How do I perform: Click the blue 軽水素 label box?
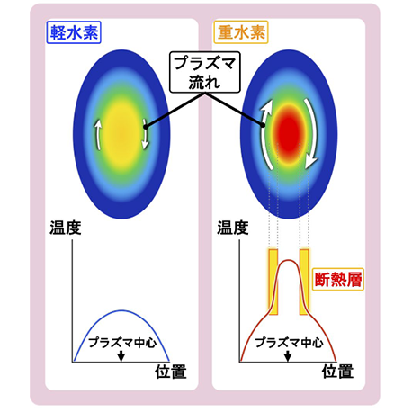coord(74,32)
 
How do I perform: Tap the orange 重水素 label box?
coord(241,32)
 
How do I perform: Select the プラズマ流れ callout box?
coord(205,72)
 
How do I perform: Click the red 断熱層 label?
coord(338,280)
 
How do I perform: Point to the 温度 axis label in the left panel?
coord(66,228)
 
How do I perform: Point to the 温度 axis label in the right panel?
coord(233,228)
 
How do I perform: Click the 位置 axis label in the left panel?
coord(171,372)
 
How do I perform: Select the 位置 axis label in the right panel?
coord(337,372)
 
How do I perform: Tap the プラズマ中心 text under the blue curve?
coord(122,343)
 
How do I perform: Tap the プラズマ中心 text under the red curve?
coord(289,343)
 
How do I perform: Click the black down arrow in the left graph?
coord(121,355)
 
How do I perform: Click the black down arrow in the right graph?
coord(288,355)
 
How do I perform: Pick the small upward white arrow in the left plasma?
coord(97,134)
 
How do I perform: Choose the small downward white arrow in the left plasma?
coord(146,134)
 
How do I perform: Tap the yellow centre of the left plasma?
coord(121,135)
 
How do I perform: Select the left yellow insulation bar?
coord(273,282)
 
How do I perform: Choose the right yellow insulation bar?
coord(304,282)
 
